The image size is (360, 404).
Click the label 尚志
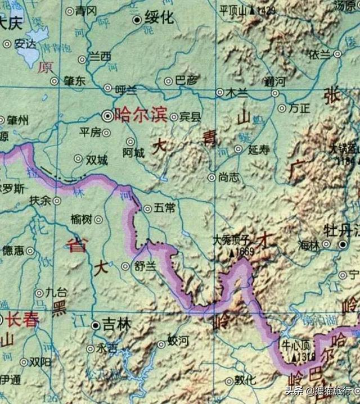tap(228, 178)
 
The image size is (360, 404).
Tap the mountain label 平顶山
tap(233, 10)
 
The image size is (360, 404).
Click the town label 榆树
tap(83, 220)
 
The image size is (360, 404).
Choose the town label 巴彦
tap(187, 81)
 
